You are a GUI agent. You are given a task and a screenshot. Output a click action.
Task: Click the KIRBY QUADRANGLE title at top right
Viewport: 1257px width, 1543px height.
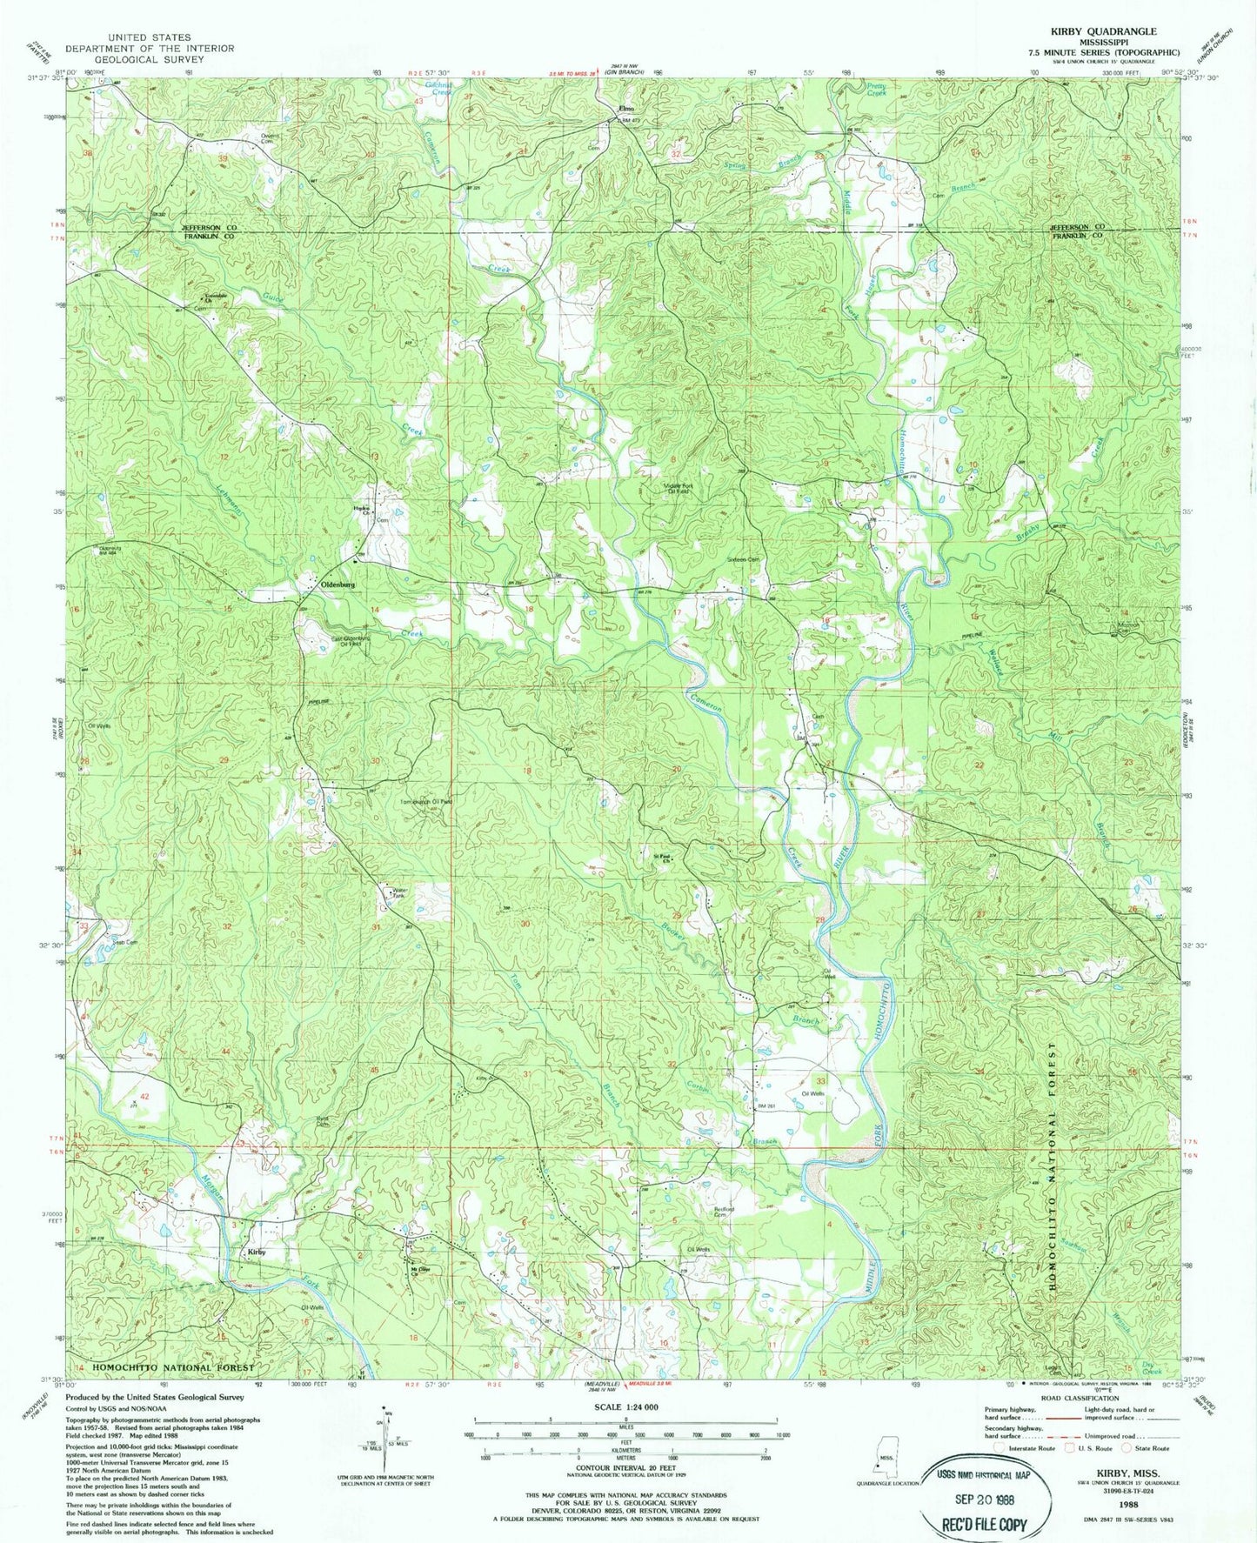coord(1103,31)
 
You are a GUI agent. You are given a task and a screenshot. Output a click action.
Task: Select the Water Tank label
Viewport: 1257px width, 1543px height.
coord(399,892)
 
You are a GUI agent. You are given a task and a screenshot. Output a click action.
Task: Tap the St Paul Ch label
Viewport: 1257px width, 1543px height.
coord(663,856)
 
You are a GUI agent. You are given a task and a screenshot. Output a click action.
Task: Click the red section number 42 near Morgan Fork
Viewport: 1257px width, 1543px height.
coord(145,1097)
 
